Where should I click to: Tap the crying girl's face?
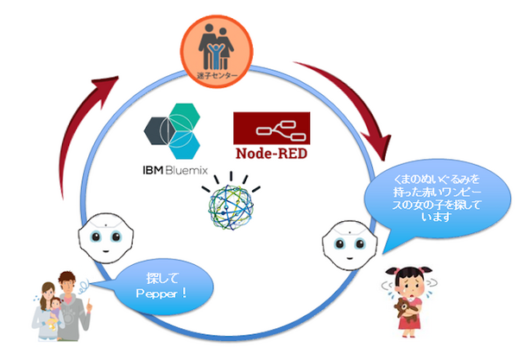(x=411, y=278)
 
